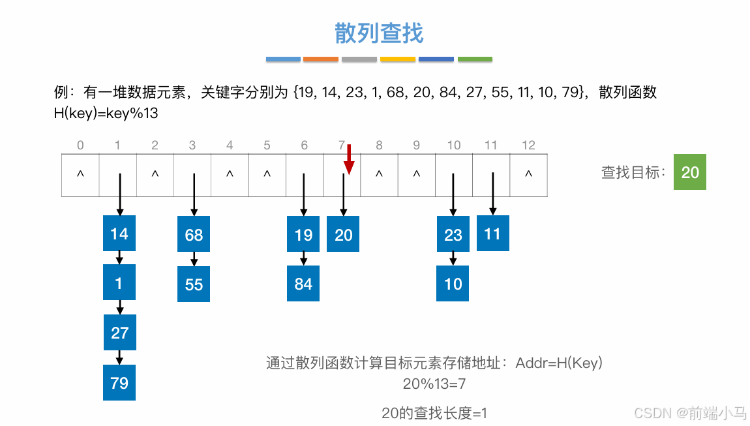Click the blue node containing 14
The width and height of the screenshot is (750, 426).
pyautogui.click(x=119, y=234)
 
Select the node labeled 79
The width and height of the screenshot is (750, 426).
pyautogui.click(x=119, y=382)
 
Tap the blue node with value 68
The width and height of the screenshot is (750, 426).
pyautogui.click(x=194, y=234)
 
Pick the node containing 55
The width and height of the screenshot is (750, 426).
pyautogui.click(x=194, y=284)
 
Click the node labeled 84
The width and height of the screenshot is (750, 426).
pyautogui.click(x=303, y=284)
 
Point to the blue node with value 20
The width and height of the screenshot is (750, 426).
pyautogui.click(x=343, y=234)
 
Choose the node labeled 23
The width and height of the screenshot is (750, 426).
pyautogui.click(x=453, y=234)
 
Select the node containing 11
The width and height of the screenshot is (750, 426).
pyautogui.click(x=492, y=234)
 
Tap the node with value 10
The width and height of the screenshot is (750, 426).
pyautogui.click(x=453, y=284)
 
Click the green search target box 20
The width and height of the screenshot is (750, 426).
pyautogui.click(x=689, y=172)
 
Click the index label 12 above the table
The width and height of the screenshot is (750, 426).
pyautogui.click(x=528, y=145)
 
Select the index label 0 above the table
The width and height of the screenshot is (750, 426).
pyautogui.click(x=80, y=145)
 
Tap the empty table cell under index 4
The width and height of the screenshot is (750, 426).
pyautogui.click(x=230, y=175)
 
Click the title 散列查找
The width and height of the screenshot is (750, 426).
pyautogui.click(x=379, y=33)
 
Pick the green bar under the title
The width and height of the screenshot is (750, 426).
pyautogui.click(x=475, y=59)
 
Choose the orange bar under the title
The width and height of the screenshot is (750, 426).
pyautogui.click(x=321, y=59)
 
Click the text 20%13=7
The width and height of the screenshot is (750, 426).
pyautogui.click(x=434, y=384)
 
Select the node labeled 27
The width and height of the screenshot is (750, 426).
pyautogui.click(x=119, y=333)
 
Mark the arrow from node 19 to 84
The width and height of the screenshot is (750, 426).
pyautogui.click(x=303, y=259)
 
